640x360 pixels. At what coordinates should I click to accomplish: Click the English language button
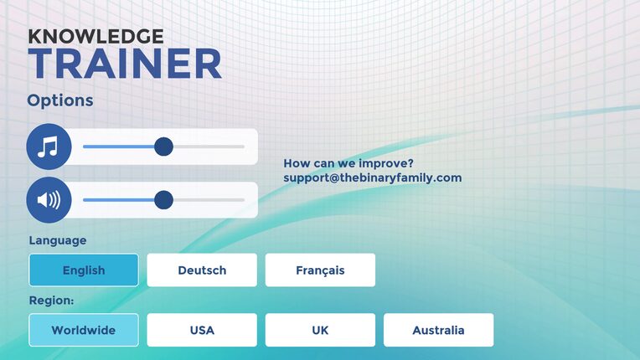pyautogui.click(x=84, y=270)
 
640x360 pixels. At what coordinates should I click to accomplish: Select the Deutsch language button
pyautogui.click(x=202, y=270)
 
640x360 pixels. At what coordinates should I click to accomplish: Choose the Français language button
pyautogui.click(x=320, y=270)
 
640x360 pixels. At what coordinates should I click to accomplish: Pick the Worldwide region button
pyautogui.click(x=84, y=330)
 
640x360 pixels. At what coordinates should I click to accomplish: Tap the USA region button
pyautogui.click(x=202, y=330)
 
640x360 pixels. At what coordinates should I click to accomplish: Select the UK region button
pyautogui.click(x=320, y=330)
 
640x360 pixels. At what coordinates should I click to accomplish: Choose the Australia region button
pyautogui.click(x=439, y=330)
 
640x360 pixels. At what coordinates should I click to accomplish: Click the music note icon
pyautogui.click(x=49, y=147)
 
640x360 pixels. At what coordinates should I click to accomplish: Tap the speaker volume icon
pyautogui.click(x=49, y=200)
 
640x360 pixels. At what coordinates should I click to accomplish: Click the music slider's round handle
pyautogui.click(x=163, y=147)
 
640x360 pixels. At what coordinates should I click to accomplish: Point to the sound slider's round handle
pyautogui.click(x=163, y=200)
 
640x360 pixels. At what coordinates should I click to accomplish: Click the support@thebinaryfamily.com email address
pyautogui.click(x=373, y=177)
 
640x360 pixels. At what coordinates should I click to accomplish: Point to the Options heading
pyautogui.click(x=60, y=100)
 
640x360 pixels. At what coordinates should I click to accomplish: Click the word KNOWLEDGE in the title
pyautogui.click(x=96, y=36)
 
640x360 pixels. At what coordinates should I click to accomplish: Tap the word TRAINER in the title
pyautogui.click(x=125, y=64)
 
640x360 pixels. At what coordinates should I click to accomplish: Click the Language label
pyautogui.click(x=58, y=240)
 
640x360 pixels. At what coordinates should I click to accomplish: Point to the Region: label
pyautogui.click(x=51, y=301)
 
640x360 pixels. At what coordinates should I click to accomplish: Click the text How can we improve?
pyautogui.click(x=348, y=163)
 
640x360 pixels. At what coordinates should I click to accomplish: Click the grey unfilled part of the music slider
pyautogui.click(x=209, y=147)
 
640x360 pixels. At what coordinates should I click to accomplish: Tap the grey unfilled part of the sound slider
pyautogui.click(x=209, y=200)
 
